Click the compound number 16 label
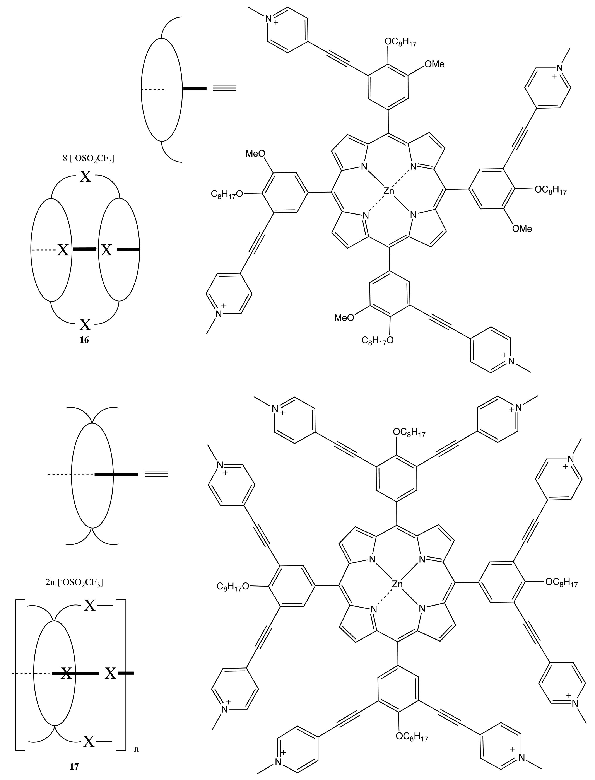point(84,340)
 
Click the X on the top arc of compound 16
point(85,176)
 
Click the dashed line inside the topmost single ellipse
point(153,90)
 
